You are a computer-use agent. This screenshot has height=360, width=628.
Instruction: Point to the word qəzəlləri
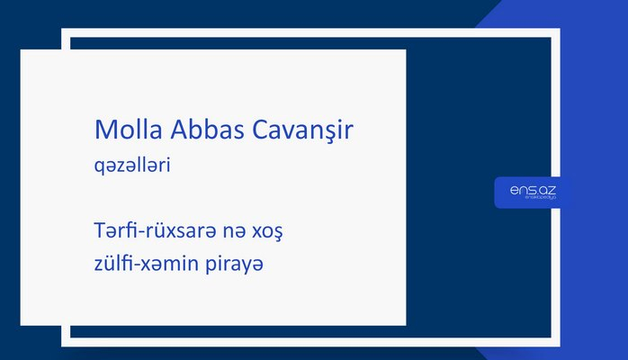click(x=132, y=166)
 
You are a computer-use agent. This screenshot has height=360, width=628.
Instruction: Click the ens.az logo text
click(x=533, y=188)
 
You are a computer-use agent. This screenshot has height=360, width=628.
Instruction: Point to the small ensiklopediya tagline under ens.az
click(x=533, y=199)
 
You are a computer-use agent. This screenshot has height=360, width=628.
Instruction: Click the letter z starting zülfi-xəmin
click(x=99, y=267)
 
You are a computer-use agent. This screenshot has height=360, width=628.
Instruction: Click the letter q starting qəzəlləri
click(x=99, y=167)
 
